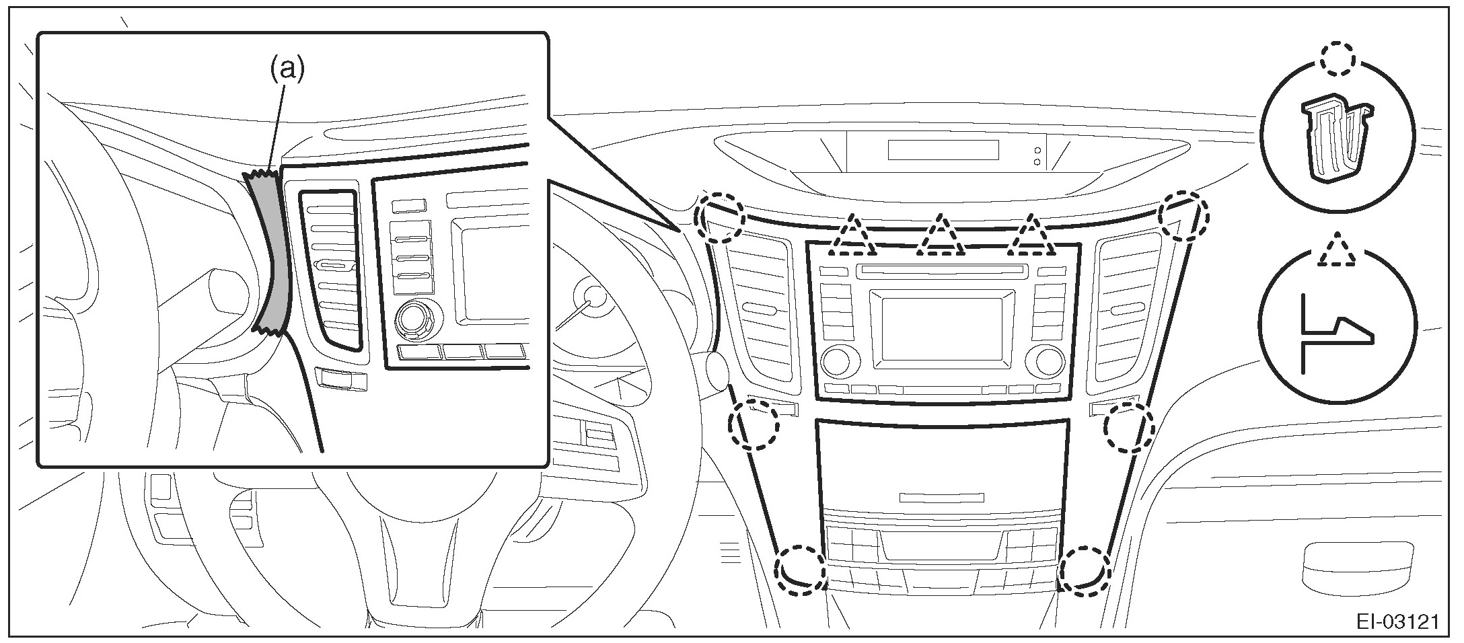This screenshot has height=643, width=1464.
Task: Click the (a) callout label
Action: [287, 70]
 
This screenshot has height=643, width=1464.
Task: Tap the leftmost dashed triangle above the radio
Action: [852, 237]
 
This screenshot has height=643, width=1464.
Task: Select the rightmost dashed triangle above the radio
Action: [1031, 237]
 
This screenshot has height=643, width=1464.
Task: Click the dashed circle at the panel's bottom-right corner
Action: [1083, 571]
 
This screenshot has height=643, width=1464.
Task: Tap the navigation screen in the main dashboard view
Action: [942, 325]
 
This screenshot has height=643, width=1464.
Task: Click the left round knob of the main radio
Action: [836, 361]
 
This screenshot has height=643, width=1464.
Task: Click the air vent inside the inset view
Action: [330, 269]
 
